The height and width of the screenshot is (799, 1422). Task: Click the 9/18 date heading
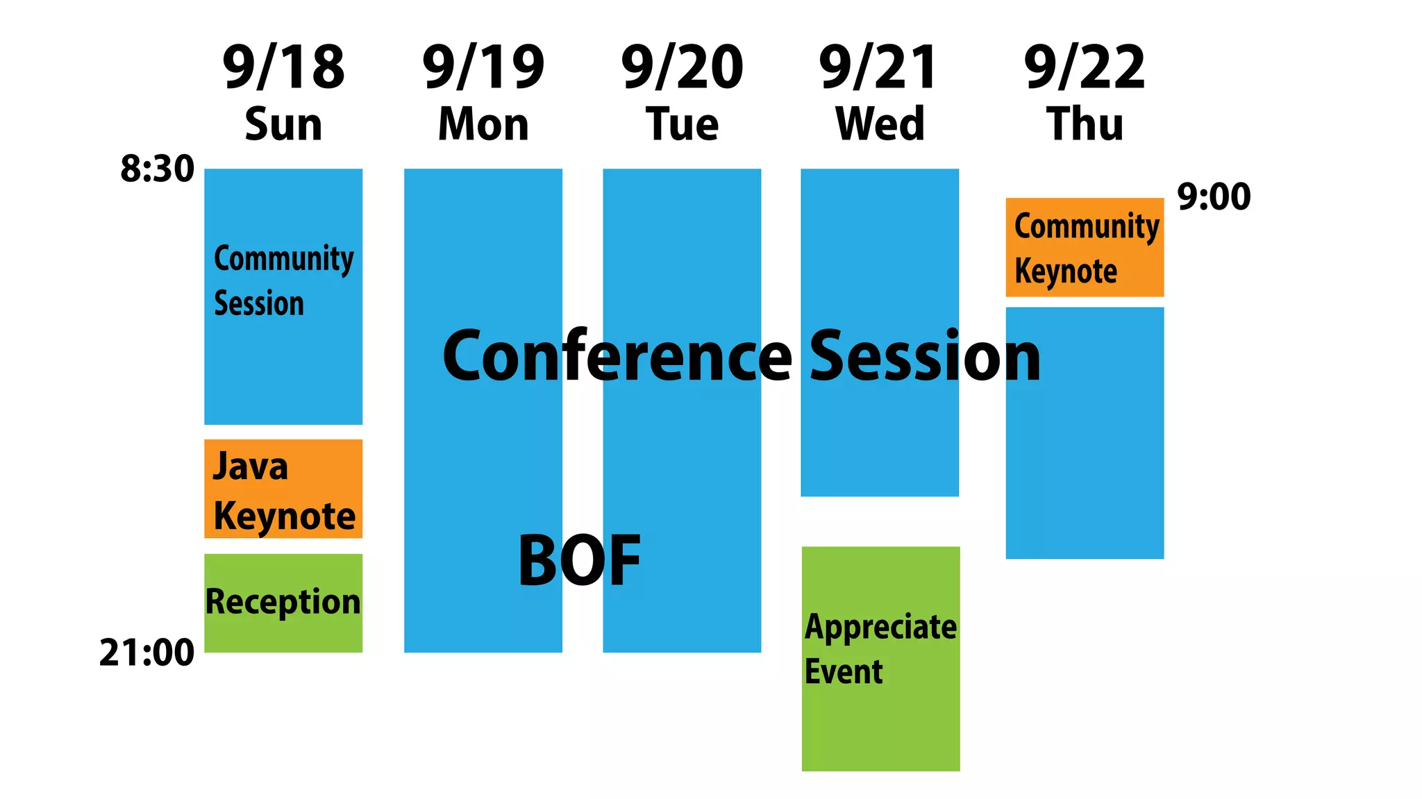tap(283, 67)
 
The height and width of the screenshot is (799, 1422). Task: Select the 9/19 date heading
tap(483, 67)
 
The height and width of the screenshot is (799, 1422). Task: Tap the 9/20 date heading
tap(682, 67)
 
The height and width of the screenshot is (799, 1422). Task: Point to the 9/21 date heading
tap(879, 67)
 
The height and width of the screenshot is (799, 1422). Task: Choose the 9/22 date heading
tap(1085, 67)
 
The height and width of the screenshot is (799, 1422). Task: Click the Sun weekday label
tap(283, 124)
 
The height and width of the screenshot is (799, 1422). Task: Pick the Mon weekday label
tap(483, 124)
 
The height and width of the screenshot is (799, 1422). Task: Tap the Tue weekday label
tap(682, 124)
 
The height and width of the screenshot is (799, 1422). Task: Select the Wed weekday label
tap(880, 124)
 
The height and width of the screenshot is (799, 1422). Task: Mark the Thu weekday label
tap(1085, 124)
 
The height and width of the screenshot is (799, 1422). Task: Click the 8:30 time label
tap(157, 169)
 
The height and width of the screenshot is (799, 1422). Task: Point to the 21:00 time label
tap(147, 653)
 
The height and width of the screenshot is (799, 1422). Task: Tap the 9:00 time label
tap(1214, 196)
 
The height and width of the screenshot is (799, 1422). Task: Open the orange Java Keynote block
tap(283, 489)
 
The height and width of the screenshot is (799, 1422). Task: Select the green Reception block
tap(283, 603)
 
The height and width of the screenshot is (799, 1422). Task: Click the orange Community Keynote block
tap(1085, 247)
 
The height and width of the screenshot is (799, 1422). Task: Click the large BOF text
tap(580, 560)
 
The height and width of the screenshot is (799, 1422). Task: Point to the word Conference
tap(617, 356)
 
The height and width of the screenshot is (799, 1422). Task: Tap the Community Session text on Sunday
tap(283, 280)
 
